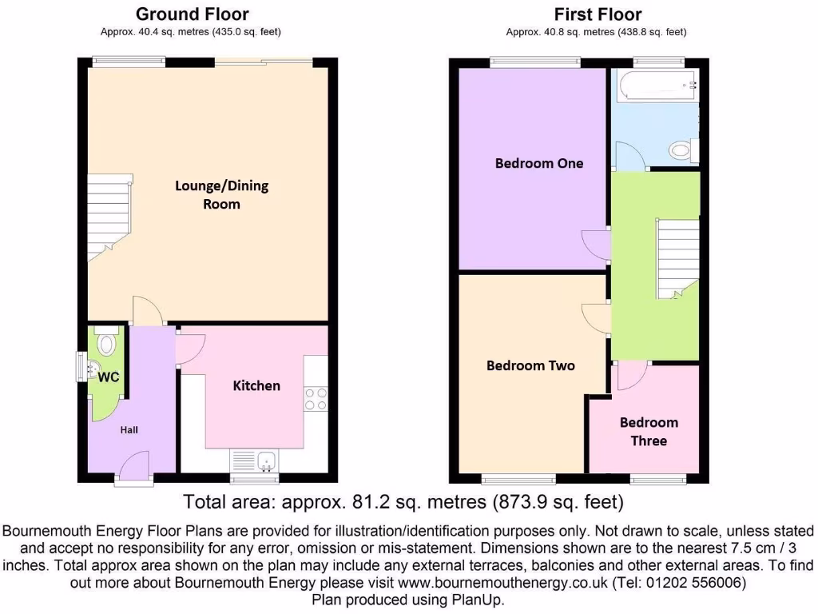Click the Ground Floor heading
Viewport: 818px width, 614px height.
pos(192,14)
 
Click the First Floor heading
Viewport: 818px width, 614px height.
pos(598,14)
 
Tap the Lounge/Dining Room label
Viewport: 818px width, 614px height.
pos(221,194)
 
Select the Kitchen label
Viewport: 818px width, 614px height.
pos(256,385)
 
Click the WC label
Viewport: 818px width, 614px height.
pos(109,377)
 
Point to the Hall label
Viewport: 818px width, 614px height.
pos(129,430)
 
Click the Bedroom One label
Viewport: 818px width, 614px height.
pos(539,163)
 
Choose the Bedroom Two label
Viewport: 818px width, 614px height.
pos(530,365)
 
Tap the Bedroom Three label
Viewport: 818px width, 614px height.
pos(649,432)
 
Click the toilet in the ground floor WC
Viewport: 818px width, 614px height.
pos(105,341)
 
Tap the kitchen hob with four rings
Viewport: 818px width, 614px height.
pos(316,398)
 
